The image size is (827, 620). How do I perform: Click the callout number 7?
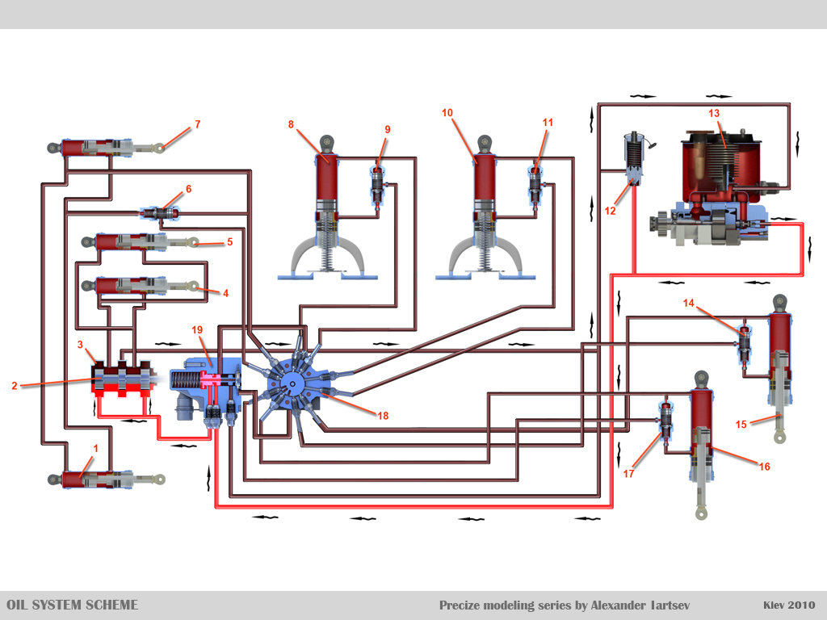tap(197, 124)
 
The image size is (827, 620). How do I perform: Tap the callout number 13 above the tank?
tap(714, 113)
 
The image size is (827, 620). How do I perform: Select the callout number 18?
tap(383, 415)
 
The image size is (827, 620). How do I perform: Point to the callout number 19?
tap(197, 329)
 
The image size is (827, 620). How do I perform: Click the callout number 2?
tap(15, 386)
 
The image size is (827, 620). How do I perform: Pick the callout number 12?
tap(610, 211)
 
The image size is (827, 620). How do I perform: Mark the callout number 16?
tap(764, 466)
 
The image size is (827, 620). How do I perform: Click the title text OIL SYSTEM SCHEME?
tap(73, 605)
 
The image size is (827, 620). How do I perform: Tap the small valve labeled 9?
tap(377, 186)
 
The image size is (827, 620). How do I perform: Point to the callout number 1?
tap(96, 446)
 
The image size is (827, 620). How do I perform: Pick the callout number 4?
tap(225, 293)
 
